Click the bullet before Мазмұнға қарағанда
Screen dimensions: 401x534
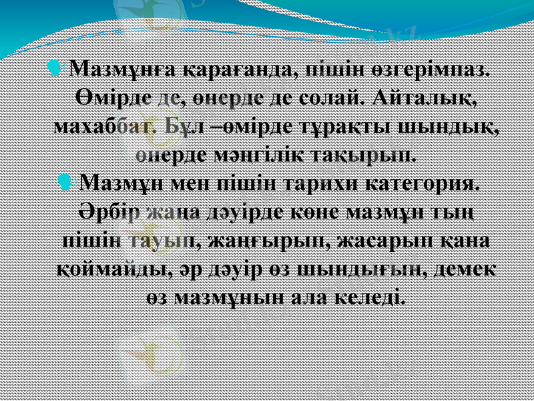point(56,68)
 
